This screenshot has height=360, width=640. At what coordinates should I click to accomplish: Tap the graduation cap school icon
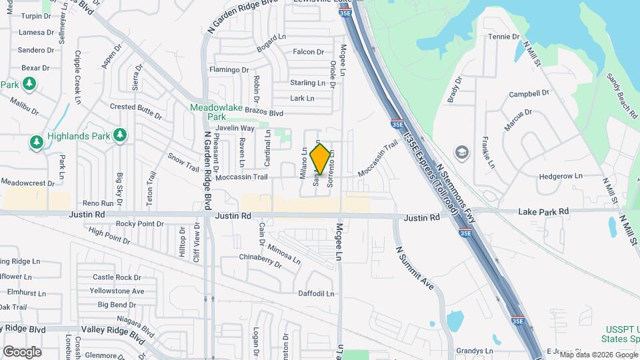pos(460,153)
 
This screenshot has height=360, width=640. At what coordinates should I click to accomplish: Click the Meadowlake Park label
pos(223,111)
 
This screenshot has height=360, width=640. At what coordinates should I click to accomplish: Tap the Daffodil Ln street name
pos(315,293)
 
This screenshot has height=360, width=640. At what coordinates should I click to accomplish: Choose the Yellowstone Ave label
pos(117,291)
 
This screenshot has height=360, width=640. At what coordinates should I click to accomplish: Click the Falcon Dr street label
pos(308,52)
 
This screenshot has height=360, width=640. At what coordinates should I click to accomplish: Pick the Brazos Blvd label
pos(265,114)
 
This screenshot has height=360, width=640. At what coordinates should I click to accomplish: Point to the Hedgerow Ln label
pos(560,177)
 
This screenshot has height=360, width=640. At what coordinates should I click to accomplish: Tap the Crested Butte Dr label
pos(136,110)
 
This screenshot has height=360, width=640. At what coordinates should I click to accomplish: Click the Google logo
pos(22,352)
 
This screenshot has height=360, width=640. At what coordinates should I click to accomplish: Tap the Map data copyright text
pos(596,355)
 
